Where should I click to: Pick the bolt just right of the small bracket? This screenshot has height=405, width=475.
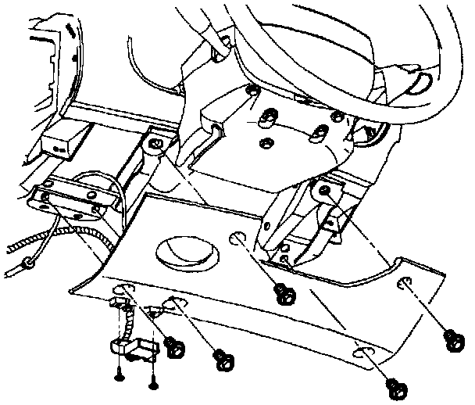coord(176,345)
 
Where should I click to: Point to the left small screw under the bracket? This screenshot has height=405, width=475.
coord(119,375)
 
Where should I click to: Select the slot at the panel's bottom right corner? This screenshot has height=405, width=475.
coord(363,355)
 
